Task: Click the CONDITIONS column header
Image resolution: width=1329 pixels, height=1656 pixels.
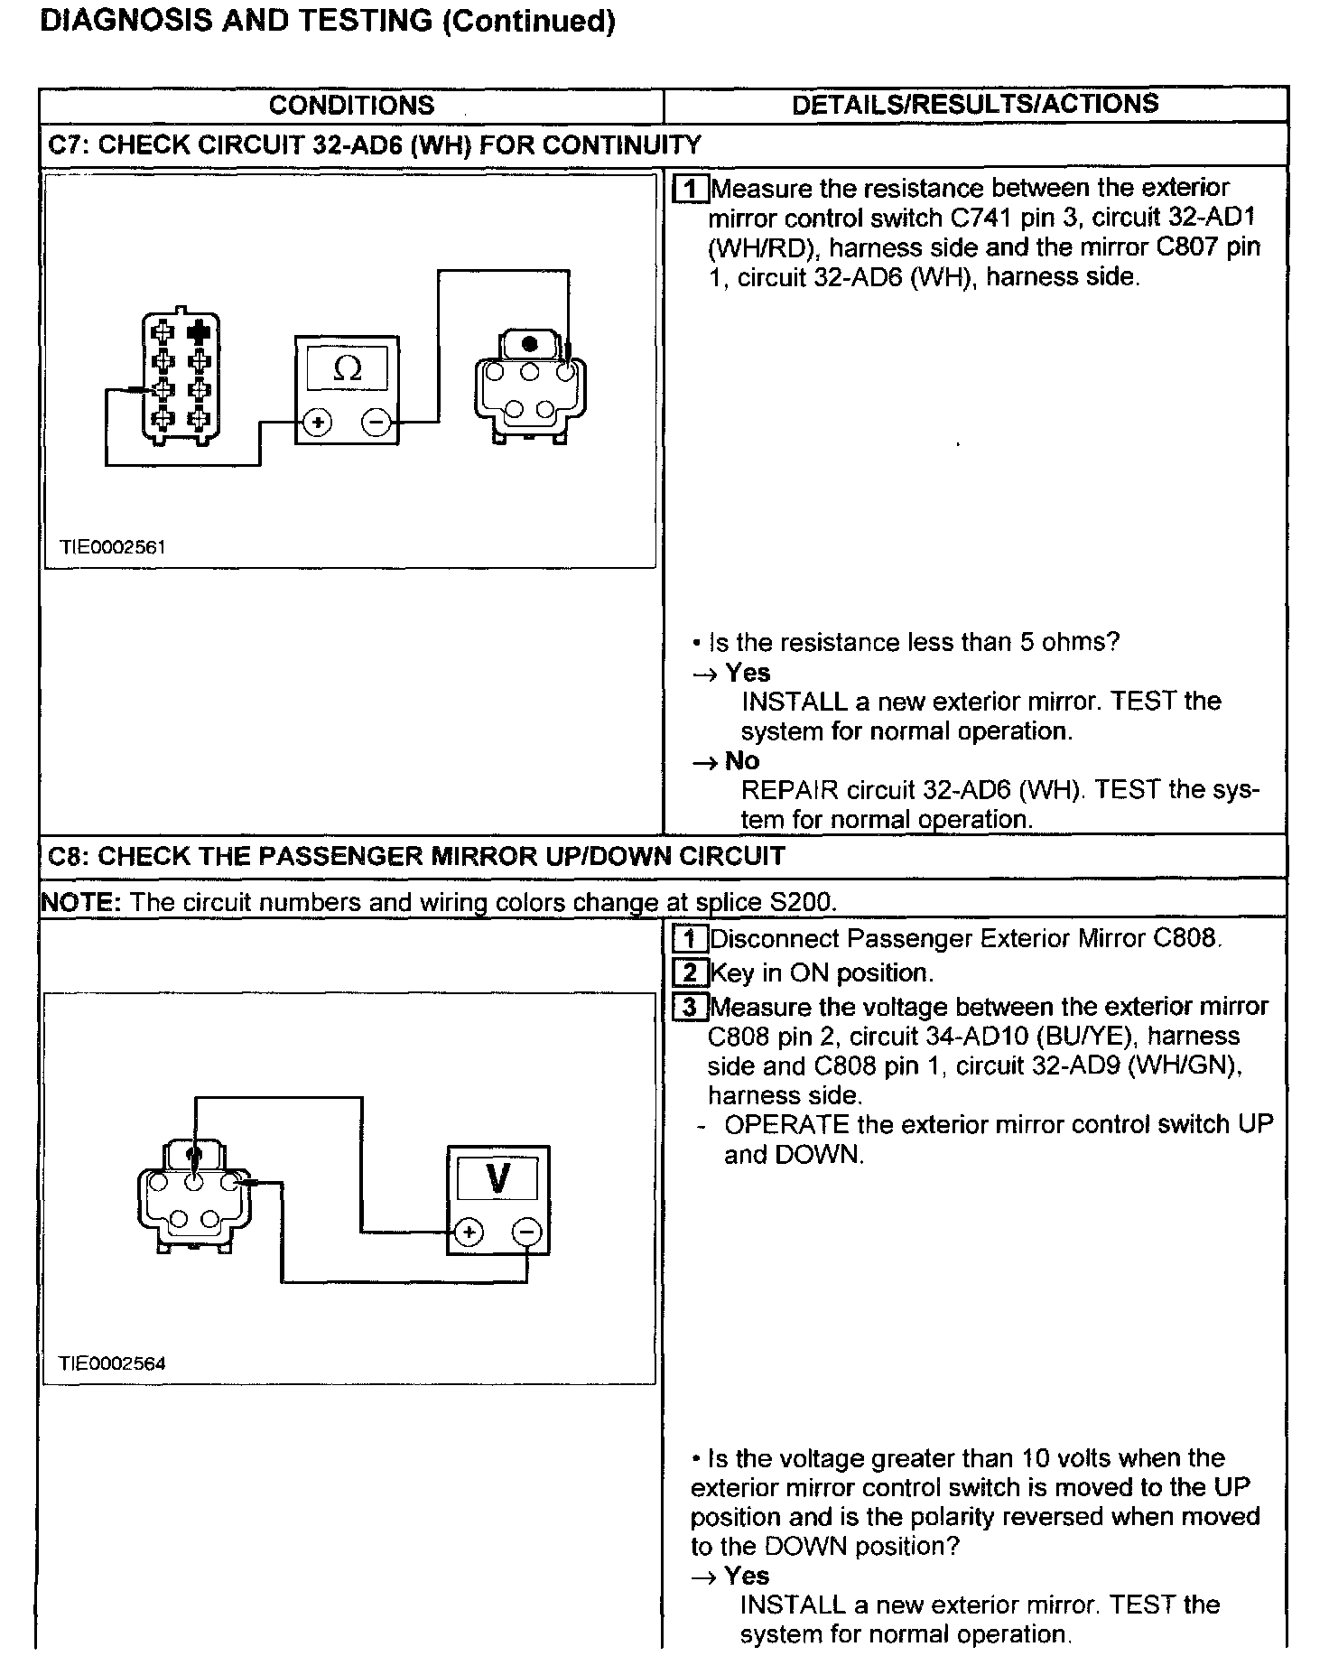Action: coord(351,106)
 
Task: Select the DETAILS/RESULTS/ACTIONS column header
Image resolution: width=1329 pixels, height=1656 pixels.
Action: coord(975,104)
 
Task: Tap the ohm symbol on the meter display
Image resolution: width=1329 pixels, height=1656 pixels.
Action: coord(347,368)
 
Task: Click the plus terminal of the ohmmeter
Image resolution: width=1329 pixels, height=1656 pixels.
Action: coord(317,422)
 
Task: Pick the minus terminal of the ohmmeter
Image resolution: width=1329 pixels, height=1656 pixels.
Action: coord(377,422)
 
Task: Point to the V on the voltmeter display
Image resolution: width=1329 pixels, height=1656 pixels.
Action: coord(497,1178)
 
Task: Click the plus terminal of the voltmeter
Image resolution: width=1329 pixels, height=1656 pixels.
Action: coord(468,1232)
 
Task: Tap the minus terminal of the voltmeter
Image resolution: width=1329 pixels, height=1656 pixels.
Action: coord(528,1232)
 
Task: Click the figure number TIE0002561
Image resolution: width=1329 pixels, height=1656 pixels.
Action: coord(112,547)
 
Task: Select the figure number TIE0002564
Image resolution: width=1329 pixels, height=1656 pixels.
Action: coord(112,1363)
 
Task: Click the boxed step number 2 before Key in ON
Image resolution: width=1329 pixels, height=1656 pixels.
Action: coord(690,973)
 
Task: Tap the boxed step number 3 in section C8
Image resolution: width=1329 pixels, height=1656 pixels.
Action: coord(690,1007)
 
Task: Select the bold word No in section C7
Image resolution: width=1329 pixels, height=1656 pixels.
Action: coord(742,761)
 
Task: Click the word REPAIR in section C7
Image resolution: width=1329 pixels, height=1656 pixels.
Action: coord(788,790)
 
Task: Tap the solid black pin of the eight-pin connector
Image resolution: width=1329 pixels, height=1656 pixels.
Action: coord(199,333)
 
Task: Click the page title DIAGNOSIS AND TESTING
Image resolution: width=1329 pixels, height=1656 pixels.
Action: coord(237,21)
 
